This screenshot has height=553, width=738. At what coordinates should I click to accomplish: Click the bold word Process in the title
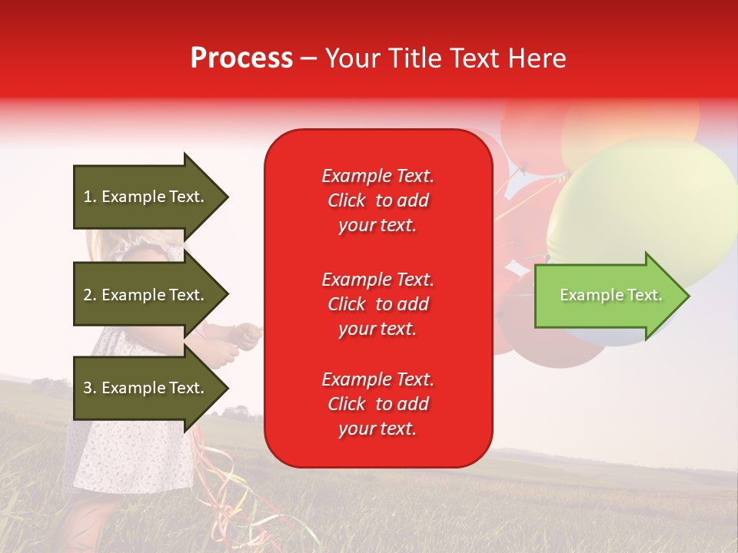pyautogui.click(x=241, y=58)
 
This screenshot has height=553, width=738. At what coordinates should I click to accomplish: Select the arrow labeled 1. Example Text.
pyautogui.click(x=146, y=197)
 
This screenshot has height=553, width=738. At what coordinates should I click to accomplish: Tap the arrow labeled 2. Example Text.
pyautogui.click(x=146, y=295)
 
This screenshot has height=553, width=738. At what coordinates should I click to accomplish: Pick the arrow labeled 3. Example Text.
pyautogui.click(x=146, y=388)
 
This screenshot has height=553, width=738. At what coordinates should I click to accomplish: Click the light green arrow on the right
pyautogui.click(x=607, y=296)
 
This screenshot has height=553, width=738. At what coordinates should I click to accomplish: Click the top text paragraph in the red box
pyautogui.click(x=377, y=200)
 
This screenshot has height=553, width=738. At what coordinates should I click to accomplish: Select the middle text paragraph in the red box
pyautogui.click(x=377, y=304)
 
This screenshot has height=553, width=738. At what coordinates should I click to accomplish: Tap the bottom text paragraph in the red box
pyautogui.click(x=377, y=404)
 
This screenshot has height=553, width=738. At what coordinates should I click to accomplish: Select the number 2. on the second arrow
pyautogui.click(x=89, y=295)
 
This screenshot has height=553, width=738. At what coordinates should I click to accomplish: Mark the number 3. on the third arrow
pyautogui.click(x=89, y=388)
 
